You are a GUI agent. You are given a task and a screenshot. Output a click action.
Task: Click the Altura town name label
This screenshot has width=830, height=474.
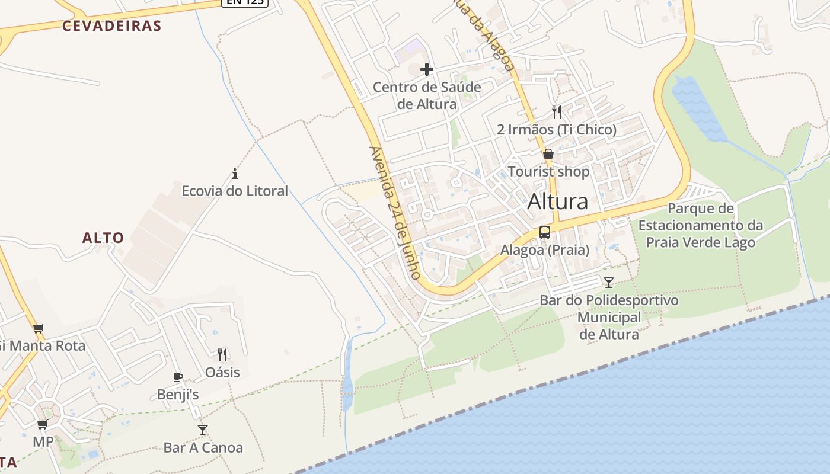[x=557, y=201]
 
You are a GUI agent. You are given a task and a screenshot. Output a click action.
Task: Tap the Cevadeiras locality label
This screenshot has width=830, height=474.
[x=112, y=25]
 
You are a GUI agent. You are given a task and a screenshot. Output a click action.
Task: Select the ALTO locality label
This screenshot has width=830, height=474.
[x=103, y=238]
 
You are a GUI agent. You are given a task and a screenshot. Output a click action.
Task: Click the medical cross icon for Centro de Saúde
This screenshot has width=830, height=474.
[x=427, y=69]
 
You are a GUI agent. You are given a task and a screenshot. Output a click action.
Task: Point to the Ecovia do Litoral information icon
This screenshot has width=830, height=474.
[x=235, y=174]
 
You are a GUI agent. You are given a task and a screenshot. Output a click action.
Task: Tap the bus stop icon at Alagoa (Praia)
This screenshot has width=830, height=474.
[x=545, y=232]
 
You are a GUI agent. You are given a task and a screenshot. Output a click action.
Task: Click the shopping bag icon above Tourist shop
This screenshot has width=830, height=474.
[x=548, y=154]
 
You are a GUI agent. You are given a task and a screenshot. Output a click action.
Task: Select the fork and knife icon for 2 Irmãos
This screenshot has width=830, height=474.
[x=556, y=111]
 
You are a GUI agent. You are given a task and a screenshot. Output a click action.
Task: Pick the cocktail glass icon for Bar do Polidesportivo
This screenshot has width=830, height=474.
[x=609, y=282]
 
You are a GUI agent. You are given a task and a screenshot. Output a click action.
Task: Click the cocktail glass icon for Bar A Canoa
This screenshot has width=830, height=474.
[x=203, y=430]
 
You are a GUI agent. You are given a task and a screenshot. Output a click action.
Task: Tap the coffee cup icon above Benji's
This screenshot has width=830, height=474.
[x=177, y=377]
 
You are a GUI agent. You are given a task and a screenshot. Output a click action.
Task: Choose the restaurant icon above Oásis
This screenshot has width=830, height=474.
[x=222, y=354]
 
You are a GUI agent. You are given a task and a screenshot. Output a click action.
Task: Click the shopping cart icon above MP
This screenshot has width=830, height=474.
[x=42, y=424]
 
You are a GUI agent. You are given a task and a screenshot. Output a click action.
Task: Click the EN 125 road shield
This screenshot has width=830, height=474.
[x=245, y=2]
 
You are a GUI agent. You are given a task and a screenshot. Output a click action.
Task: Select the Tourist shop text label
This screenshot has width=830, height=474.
[x=548, y=172]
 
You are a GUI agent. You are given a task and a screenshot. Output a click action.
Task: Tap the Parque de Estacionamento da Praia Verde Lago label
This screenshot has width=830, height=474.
[x=700, y=225]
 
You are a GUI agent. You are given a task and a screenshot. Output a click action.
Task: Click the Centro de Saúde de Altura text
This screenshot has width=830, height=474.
[x=427, y=95]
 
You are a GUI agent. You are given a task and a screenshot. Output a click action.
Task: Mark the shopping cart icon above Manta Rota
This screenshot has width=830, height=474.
[x=39, y=328]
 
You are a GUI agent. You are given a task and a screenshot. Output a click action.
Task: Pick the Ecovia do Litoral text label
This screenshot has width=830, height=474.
[x=235, y=191]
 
